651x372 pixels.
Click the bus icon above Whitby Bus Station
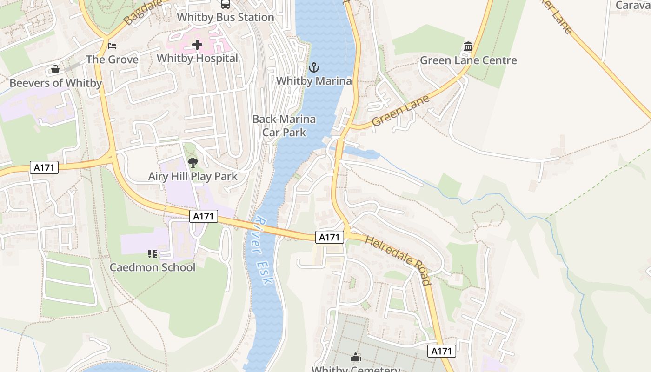(x=226, y=4)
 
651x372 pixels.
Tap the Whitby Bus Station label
(x=226, y=17)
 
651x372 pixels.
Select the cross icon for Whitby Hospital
(x=197, y=45)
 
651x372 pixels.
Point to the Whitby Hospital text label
(x=197, y=58)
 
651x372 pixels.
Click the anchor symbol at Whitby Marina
(x=314, y=67)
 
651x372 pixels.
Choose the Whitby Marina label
(x=314, y=81)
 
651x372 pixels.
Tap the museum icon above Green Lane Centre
(x=468, y=46)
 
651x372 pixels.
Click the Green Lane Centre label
(x=468, y=60)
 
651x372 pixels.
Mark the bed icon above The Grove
(x=112, y=46)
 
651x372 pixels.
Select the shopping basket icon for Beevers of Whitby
(x=55, y=69)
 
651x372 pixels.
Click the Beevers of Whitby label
(x=55, y=83)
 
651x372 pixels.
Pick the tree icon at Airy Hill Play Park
(x=193, y=163)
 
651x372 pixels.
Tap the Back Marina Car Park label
(x=284, y=126)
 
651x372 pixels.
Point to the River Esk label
(x=264, y=251)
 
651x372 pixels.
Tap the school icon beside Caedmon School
(x=153, y=253)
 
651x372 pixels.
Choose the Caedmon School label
(x=153, y=267)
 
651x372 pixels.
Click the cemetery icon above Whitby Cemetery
(x=356, y=357)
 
